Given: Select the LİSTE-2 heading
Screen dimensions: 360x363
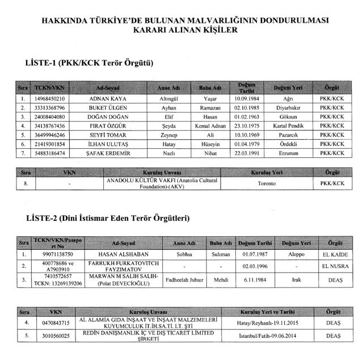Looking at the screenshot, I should [108, 218].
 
